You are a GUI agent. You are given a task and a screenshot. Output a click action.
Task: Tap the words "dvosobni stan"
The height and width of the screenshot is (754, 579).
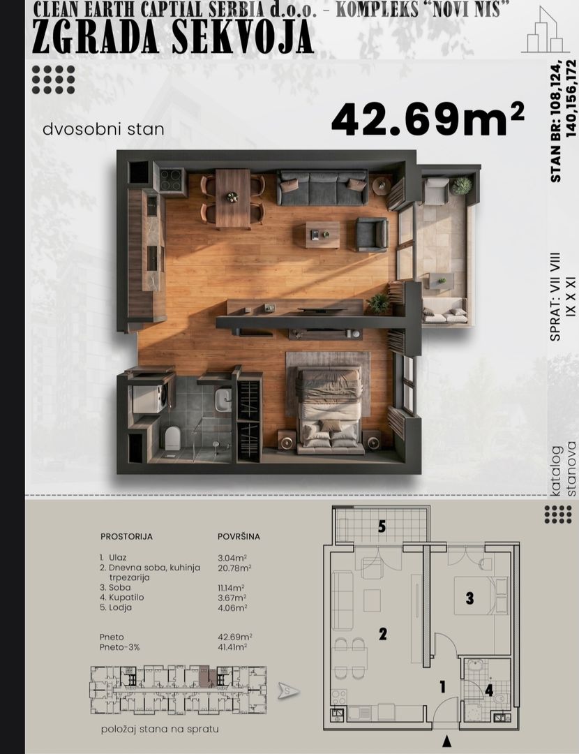(x=103, y=129)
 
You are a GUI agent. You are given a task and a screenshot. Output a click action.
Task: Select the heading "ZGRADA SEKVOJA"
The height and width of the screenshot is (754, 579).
(x=173, y=37)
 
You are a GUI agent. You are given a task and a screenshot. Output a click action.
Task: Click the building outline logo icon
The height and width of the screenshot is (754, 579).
(x=546, y=30)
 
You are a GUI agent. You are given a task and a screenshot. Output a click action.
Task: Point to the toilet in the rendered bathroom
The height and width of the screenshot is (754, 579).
(x=172, y=438)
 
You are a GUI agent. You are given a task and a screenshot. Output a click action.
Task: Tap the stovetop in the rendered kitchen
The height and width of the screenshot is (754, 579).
(x=171, y=180)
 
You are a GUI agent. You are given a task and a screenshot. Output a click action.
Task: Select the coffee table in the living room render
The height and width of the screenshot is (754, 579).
(x=323, y=234)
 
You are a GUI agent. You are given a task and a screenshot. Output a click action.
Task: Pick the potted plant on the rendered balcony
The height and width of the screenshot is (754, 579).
(x=462, y=186)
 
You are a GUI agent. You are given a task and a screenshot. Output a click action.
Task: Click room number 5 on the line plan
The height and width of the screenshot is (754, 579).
(x=382, y=526)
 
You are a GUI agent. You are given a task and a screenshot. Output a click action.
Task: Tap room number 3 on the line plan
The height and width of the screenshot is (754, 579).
(x=469, y=598)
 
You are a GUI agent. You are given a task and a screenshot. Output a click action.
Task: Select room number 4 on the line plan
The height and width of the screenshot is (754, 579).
(x=489, y=690)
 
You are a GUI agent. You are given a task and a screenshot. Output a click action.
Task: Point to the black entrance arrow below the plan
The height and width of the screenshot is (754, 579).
(x=447, y=741)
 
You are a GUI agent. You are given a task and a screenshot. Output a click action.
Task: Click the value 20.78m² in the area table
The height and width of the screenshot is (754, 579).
(x=234, y=568)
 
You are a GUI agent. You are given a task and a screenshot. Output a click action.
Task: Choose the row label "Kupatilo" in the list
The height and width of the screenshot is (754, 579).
(x=126, y=597)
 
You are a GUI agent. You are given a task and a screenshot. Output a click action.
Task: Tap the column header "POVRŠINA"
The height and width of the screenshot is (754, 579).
(x=239, y=537)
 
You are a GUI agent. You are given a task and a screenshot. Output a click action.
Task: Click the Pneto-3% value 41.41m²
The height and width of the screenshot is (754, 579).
(x=232, y=647)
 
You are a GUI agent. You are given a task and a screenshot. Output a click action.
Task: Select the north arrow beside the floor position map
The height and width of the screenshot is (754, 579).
(x=289, y=691)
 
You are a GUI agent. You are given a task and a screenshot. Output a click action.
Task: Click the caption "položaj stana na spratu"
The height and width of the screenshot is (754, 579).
(x=160, y=730)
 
